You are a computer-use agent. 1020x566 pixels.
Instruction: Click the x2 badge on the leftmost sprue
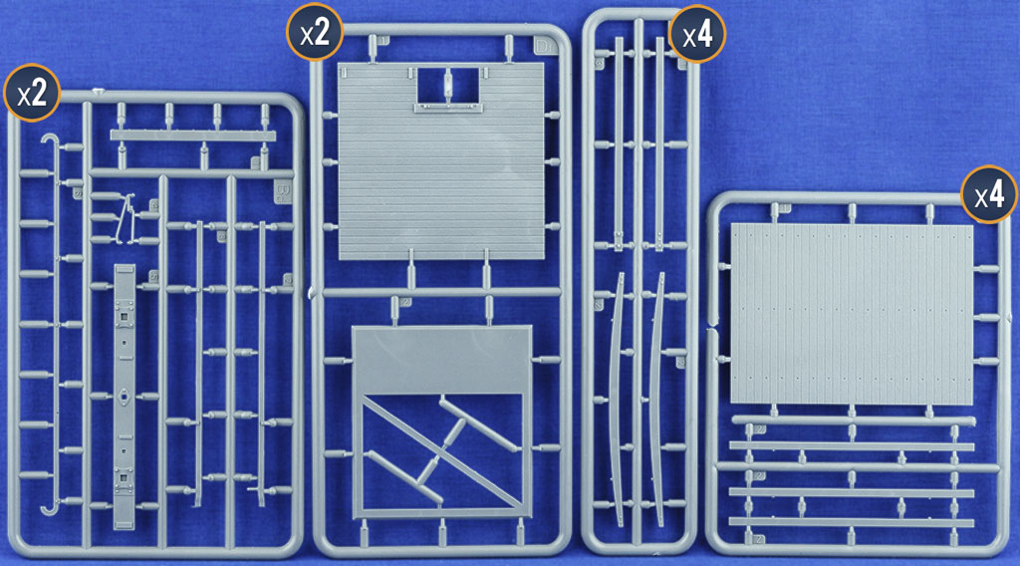(32, 93)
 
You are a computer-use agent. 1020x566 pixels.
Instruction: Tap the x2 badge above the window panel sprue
(315, 33)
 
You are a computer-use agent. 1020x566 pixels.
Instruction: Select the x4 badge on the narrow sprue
(696, 34)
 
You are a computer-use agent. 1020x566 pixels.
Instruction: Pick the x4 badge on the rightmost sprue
(989, 194)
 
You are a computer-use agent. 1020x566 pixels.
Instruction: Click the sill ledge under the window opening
(447, 108)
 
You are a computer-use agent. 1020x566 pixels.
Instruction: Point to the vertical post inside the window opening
(447, 84)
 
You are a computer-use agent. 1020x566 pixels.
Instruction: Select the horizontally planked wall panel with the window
(441, 160)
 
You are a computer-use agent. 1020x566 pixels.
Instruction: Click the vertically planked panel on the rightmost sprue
(852, 314)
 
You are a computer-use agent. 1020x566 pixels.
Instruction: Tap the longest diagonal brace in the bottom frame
(441, 451)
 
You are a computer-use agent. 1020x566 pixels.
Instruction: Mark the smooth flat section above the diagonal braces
(441, 360)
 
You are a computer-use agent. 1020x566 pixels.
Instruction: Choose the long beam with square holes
(125, 397)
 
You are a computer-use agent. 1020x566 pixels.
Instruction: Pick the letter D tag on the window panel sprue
(544, 46)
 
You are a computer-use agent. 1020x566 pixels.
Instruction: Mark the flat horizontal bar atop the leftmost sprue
(193, 136)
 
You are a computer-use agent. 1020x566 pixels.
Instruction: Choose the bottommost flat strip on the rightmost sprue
(852, 522)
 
